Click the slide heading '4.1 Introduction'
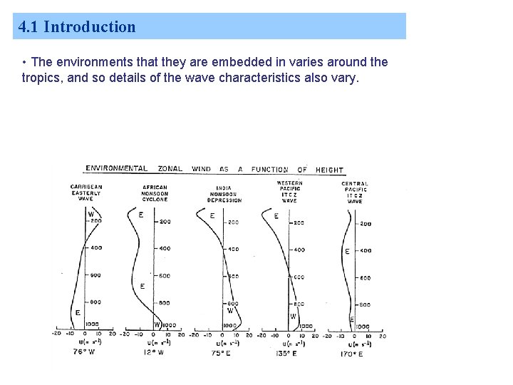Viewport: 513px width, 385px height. coord(77,27)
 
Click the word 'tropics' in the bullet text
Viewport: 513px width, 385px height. coord(41,78)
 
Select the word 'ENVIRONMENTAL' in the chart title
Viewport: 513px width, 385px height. coord(117,169)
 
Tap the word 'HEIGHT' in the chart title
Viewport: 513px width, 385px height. coord(329,170)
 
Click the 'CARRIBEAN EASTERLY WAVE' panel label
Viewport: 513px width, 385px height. coord(86,193)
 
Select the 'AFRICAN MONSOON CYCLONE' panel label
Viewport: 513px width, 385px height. coord(155,193)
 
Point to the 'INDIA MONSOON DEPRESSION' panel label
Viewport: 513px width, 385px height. coord(224,193)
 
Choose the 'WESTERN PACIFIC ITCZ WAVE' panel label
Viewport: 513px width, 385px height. coord(289,192)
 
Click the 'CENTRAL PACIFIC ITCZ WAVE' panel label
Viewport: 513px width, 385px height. coord(354,192)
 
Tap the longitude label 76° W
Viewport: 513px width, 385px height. coord(83,352)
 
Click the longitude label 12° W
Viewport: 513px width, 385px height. coord(155,352)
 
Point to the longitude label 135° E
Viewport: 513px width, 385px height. coord(286,353)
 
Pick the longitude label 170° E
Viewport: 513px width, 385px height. coord(351,353)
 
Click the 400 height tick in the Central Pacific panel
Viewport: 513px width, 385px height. coord(365,250)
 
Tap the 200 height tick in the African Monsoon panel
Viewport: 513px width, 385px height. coord(165,222)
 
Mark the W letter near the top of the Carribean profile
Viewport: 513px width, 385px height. coord(90,213)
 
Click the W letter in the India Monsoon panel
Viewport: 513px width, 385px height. coord(230,310)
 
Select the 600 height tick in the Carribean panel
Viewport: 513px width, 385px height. coord(95,274)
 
